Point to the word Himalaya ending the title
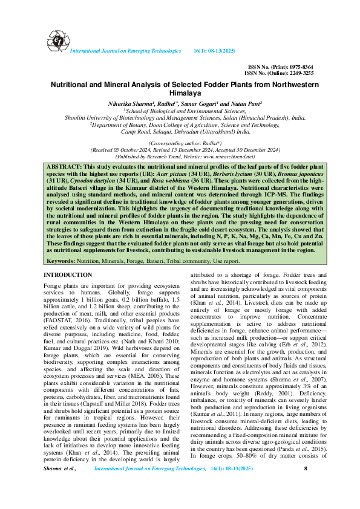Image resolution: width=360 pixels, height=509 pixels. (180, 94)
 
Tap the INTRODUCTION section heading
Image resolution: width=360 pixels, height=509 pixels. (68, 275)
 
